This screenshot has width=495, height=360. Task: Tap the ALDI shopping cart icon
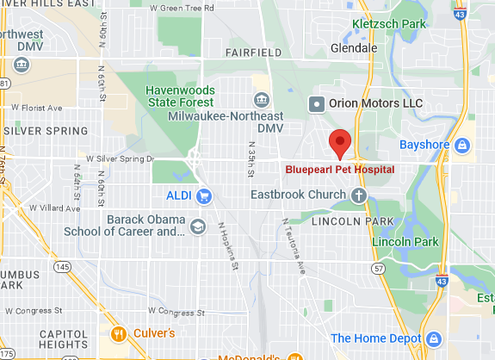tap(204, 196)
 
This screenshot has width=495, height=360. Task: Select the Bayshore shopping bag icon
tap(462, 144)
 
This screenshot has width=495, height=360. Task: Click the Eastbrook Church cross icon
tap(358, 196)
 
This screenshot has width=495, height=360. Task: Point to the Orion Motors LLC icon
tap(316, 103)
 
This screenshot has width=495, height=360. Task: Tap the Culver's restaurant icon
tap(119, 332)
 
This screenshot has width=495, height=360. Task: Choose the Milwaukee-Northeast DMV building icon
tap(261, 102)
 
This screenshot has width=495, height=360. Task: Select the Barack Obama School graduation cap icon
tap(198, 226)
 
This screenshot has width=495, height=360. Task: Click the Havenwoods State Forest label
tap(181, 95)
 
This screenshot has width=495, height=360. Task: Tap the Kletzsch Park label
tap(388, 24)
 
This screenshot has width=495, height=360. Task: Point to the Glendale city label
tap(353, 48)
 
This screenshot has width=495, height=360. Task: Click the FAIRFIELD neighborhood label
tap(254, 53)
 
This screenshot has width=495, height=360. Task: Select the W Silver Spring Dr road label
tap(120, 159)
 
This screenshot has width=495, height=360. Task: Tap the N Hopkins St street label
tap(228, 246)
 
